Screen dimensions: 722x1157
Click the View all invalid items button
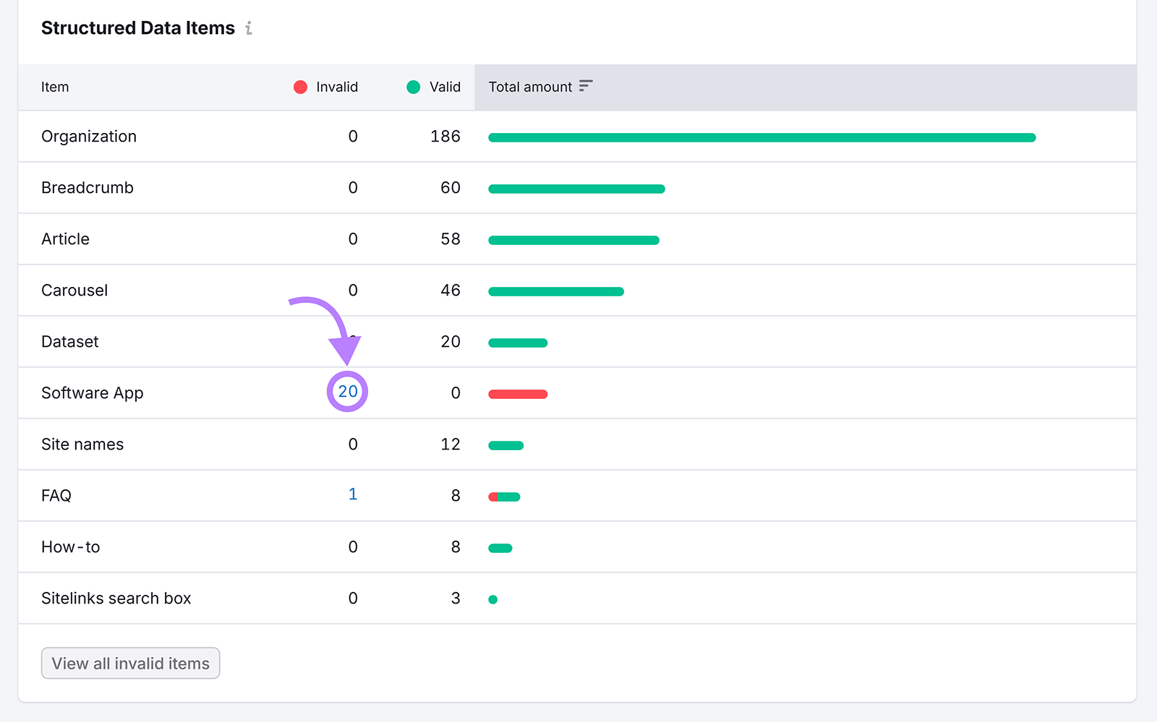pos(130,663)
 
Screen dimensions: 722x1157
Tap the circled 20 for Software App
pos(348,392)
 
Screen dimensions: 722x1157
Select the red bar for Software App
pos(518,395)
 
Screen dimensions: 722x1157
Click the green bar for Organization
pos(761,137)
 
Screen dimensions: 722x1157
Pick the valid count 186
pos(445,137)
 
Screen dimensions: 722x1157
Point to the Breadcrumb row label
pos(87,188)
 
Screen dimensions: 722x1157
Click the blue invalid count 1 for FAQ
pos(353,494)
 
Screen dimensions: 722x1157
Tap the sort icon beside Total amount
pos(586,86)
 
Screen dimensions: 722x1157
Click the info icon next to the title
pos(249,28)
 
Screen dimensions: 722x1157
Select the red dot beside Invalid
pos(301,87)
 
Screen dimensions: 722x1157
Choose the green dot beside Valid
pos(414,87)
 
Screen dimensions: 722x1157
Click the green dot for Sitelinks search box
pos(493,599)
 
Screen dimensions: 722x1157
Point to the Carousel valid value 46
pos(450,291)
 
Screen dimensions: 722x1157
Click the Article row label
pos(66,239)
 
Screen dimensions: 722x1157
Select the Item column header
pos(55,87)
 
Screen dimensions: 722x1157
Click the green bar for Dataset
pos(518,343)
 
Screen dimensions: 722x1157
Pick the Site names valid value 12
pos(450,444)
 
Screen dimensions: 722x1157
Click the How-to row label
pos(71,547)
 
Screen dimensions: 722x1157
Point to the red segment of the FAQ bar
pos(493,497)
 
